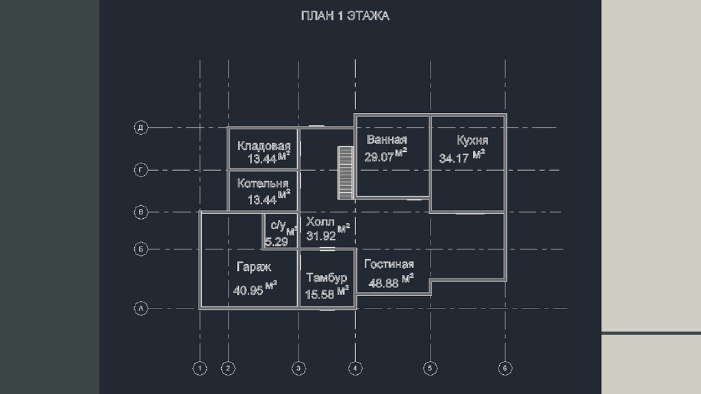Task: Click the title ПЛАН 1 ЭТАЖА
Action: (x=345, y=16)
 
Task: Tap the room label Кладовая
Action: (x=264, y=146)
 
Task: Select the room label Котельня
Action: (x=263, y=183)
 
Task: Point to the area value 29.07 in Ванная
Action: (x=379, y=157)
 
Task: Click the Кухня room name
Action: (x=472, y=140)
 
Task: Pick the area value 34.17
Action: (x=454, y=159)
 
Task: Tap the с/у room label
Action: (x=278, y=225)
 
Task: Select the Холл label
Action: (x=320, y=222)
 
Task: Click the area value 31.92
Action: (x=321, y=236)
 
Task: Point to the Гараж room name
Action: (x=253, y=267)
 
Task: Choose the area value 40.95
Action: (x=248, y=291)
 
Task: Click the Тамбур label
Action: (x=327, y=278)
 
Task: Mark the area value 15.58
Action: (x=320, y=295)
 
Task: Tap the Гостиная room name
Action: (x=389, y=264)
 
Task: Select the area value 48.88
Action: (x=383, y=283)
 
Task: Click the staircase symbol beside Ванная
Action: (x=346, y=173)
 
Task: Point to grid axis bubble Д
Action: (x=141, y=128)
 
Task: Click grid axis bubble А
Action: (x=141, y=308)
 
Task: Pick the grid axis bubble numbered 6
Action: (x=505, y=369)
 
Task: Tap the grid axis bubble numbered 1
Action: (x=200, y=369)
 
